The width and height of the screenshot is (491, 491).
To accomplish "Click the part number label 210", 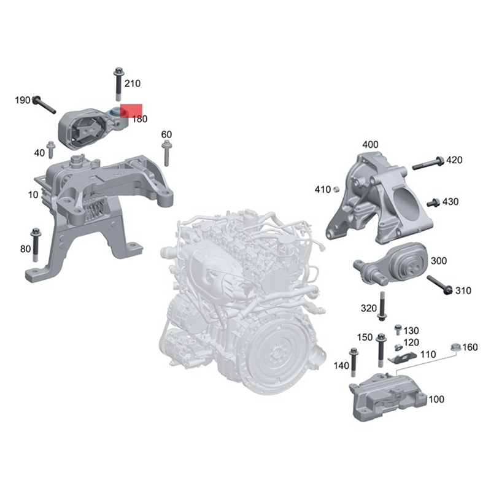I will click(133, 83).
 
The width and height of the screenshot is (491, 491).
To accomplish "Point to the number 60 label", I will click(166, 134).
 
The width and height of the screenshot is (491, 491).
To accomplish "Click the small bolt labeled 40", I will click(52, 148).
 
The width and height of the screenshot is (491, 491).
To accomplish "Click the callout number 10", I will click(33, 195).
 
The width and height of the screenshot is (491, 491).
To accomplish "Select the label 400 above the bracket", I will click(370, 145).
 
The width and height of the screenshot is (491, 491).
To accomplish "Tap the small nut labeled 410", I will click(336, 188).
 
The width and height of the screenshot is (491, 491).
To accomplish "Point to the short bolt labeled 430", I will click(433, 202).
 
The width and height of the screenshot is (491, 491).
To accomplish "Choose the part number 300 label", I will click(439, 261).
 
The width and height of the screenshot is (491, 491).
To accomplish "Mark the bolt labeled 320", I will click(382, 306).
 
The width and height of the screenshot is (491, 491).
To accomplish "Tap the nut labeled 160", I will click(456, 347).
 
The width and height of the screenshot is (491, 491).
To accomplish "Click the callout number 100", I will click(436, 400).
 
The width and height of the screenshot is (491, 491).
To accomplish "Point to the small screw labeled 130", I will click(398, 331).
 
